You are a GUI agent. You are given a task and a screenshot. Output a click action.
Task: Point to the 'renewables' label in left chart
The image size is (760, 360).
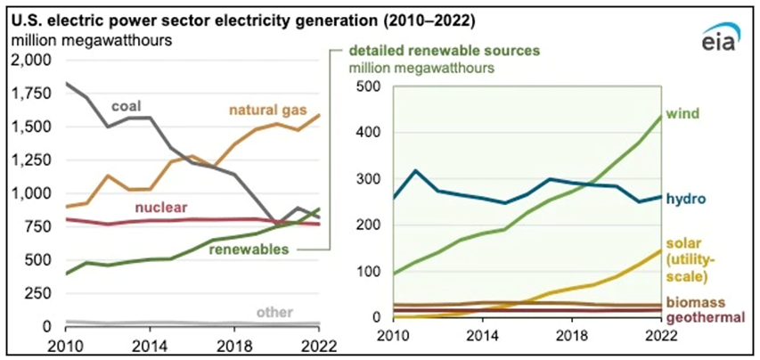click(246, 249)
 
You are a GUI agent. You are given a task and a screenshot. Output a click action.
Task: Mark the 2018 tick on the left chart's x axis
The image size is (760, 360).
click(233, 345)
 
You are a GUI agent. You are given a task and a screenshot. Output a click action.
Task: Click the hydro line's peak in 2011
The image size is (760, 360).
click(439, 170)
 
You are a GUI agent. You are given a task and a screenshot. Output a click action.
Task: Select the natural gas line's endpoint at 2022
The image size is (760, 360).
click(318, 114)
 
